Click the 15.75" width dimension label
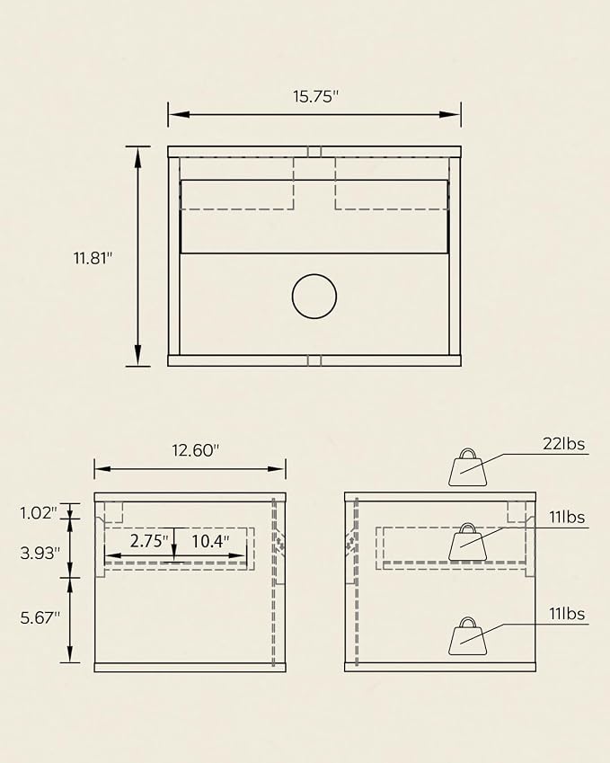315,96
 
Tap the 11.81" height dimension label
93,257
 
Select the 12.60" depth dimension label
196,450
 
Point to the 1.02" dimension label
39,512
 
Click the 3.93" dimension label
40,553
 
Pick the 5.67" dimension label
40,617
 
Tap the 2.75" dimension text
149,541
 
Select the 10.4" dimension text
210,541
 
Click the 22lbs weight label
564,444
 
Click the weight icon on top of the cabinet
467,467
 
